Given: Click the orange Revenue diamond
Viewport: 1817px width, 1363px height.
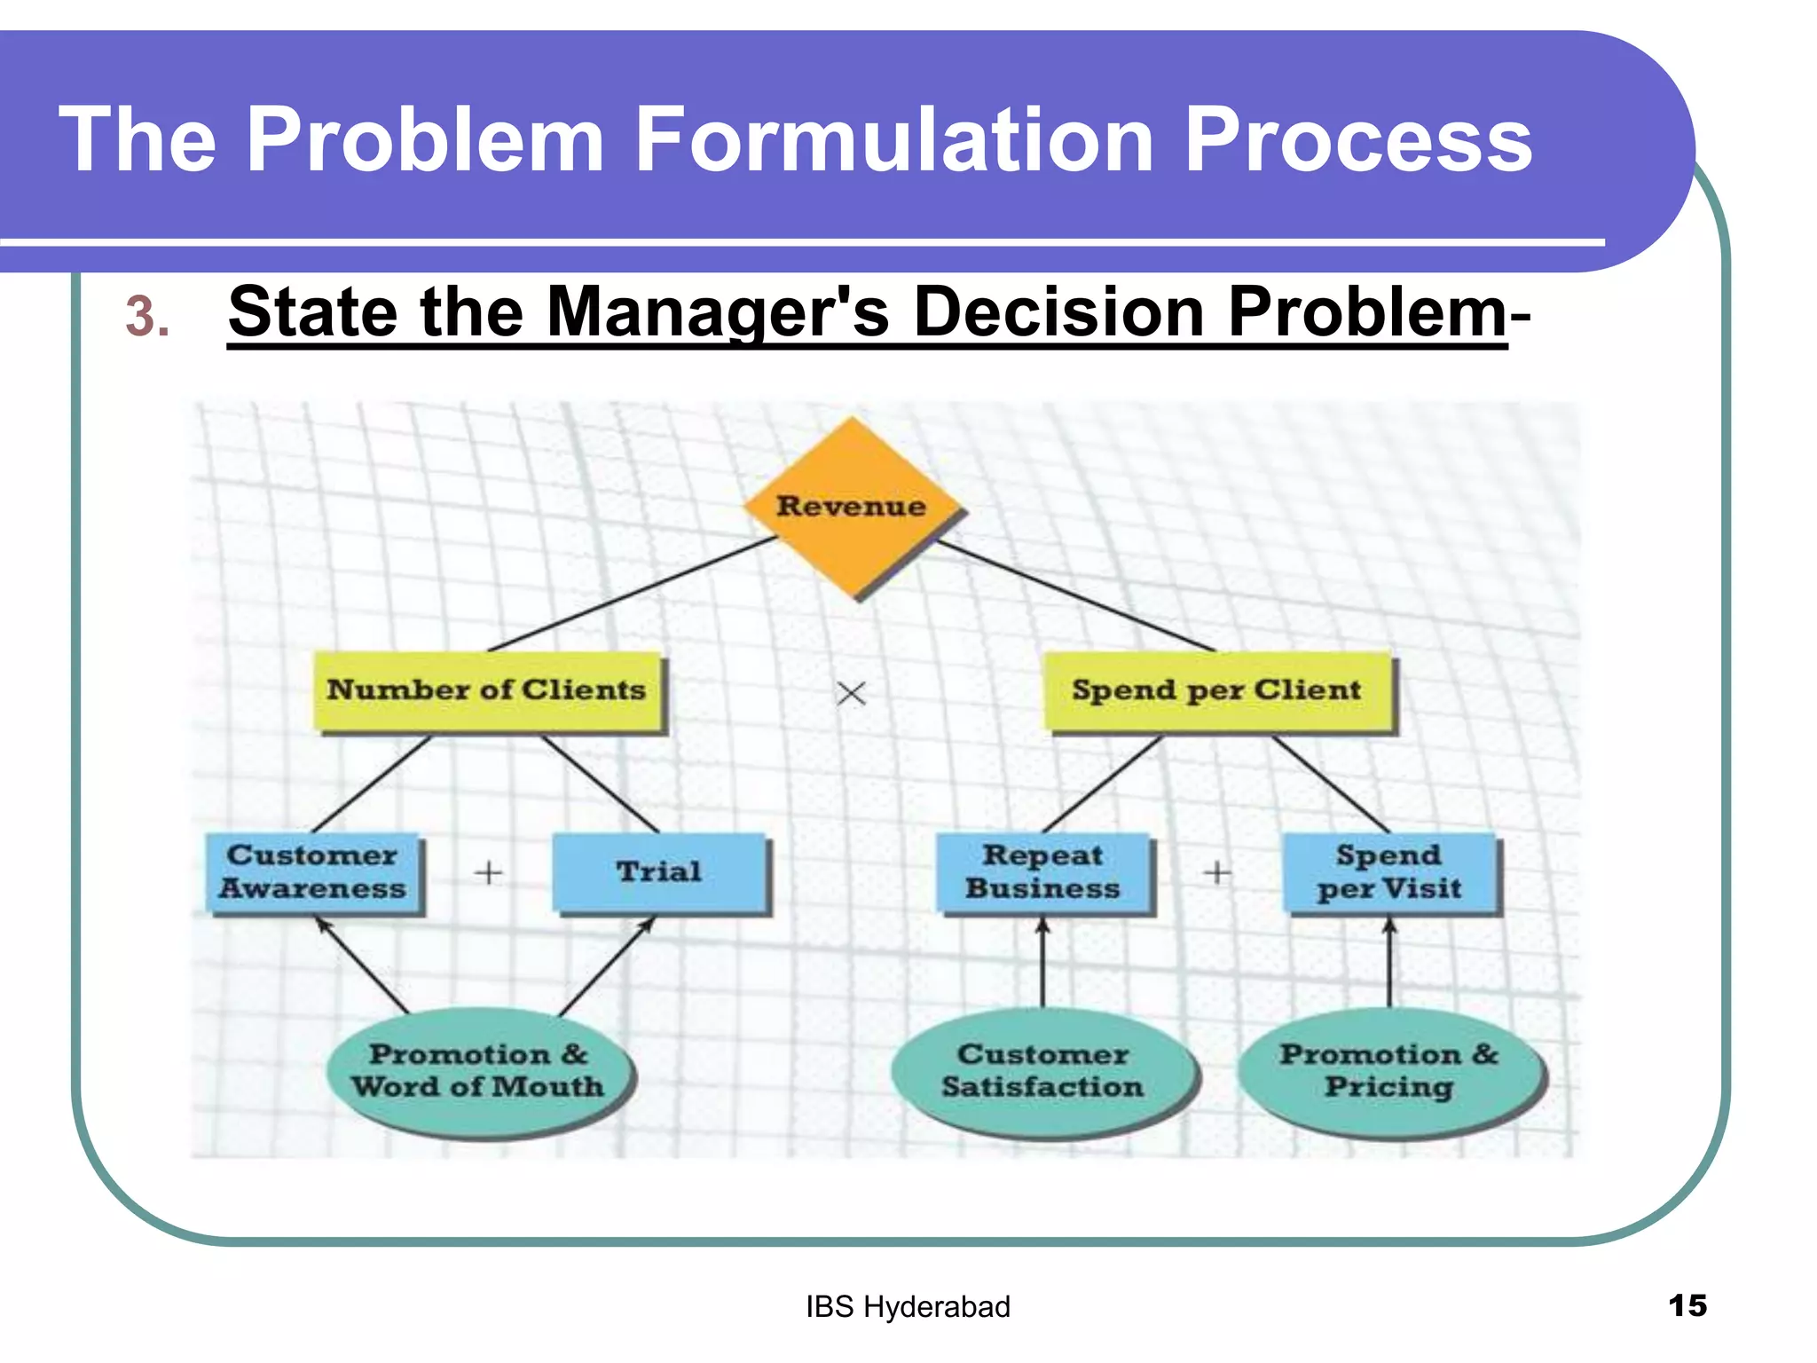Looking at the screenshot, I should coord(852,507).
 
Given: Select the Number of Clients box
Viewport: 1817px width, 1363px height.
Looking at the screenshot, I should coord(487,690).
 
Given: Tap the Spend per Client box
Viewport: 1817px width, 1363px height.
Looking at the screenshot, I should coord(1216,690).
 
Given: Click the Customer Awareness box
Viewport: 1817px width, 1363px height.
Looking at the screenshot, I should coord(313,871).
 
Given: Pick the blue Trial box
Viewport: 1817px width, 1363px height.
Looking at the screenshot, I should coord(658,871).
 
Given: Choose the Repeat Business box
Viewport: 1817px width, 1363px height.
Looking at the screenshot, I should coord(1043,871).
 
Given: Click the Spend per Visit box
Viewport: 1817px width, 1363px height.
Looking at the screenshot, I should coord(1389,871).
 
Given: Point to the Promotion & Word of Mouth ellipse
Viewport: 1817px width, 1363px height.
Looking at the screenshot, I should coord(477,1071).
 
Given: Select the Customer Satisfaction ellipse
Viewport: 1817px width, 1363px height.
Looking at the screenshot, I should coord(1043,1071).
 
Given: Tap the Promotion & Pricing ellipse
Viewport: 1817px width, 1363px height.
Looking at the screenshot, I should coord(1389,1071).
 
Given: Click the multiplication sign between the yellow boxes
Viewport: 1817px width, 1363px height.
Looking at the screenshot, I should coord(851,693).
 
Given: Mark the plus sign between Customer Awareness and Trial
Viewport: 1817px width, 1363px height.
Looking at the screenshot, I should coord(488,873).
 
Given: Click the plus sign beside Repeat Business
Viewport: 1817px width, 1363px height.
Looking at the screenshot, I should coord(1217,873).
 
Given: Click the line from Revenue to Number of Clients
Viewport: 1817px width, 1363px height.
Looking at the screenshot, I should coord(632,593).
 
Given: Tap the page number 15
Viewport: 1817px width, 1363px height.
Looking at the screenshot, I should coord(1687,1305).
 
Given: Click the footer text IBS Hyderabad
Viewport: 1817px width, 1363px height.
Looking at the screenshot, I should coord(908,1307).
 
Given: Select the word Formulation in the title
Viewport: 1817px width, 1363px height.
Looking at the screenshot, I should coord(894,139).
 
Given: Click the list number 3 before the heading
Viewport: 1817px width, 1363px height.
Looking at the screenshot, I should coord(147,317).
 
